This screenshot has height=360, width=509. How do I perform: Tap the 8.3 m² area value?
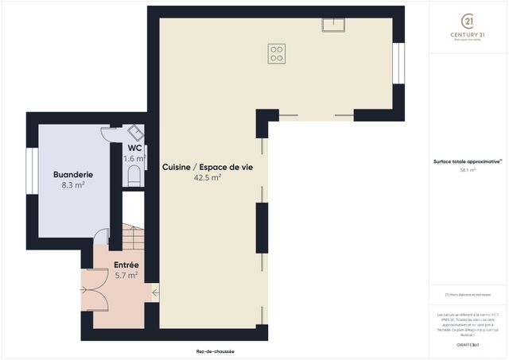pyautogui.click(x=73, y=184)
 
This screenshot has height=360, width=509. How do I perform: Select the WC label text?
pyautogui.click(x=134, y=148)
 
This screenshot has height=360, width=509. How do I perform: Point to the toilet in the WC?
pyautogui.click(x=134, y=175)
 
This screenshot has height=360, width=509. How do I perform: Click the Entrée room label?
pyautogui.click(x=126, y=264)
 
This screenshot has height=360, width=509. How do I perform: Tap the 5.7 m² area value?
pyautogui.click(x=126, y=275)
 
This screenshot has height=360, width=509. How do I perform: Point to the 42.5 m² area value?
pyautogui.click(x=207, y=178)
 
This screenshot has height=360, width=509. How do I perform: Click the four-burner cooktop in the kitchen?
pyautogui.click(x=277, y=53)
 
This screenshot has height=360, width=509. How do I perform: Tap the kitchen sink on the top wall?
pyautogui.click(x=333, y=24)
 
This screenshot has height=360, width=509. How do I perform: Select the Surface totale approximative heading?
pyautogui.click(x=467, y=161)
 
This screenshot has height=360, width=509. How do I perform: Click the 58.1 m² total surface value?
pyautogui.click(x=467, y=169)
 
